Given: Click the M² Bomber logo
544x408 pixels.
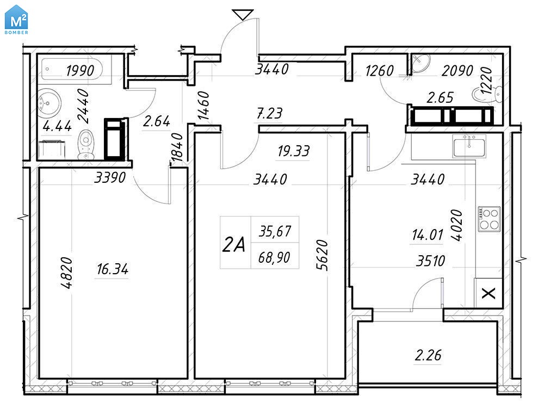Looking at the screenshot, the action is click(x=16, y=20).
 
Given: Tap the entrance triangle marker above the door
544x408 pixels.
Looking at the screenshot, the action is click(x=243, y=15).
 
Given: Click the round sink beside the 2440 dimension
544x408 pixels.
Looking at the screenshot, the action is click(x=49, y=102).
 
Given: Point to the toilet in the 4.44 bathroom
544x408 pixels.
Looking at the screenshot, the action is click(x=85, y=144).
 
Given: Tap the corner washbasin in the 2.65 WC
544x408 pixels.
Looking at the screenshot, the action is click(x=421, y=63).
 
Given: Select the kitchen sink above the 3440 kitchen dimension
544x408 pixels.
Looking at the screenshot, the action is click(x=469, y=146).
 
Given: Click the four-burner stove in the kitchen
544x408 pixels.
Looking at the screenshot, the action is click(x=489, y=219).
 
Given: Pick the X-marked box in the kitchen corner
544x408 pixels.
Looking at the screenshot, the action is click(x=489, y=293).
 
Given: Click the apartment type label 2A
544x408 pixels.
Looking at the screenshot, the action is click(x=234, y=244).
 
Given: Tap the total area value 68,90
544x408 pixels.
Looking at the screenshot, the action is click(x=274, y=257).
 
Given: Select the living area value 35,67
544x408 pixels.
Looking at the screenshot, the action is click(x=275, y=231).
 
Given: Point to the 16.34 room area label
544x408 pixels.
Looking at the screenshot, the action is click(x=113, y=269).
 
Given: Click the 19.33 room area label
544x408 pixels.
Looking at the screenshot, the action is click(x=294, y=151).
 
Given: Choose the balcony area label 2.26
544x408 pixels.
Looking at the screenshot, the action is click(x=428, y=355).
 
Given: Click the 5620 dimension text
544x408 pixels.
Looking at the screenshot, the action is click(x=322, y=255).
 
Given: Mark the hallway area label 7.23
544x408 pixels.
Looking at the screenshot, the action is click(x=270, y=113).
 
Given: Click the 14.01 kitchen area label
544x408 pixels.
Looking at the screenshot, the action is click(x=428, y=235).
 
